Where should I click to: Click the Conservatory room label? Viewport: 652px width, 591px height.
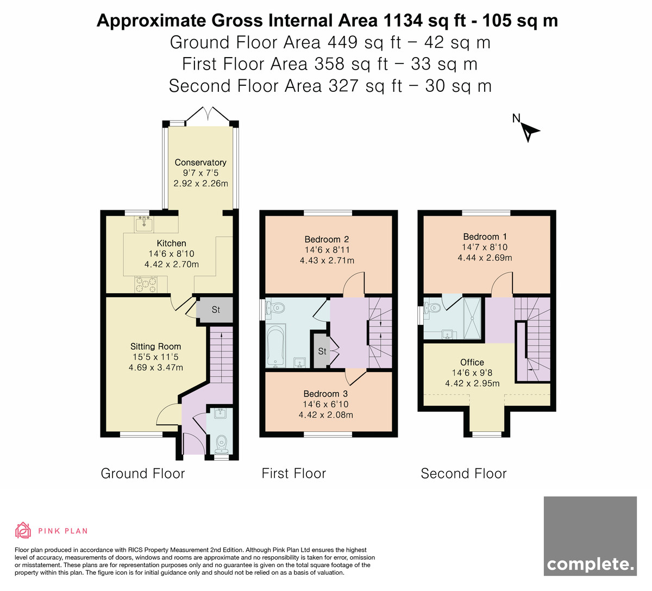(200, 162)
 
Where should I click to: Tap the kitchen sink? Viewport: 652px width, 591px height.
(144, 224)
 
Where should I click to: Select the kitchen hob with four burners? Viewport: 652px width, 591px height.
(146, 285)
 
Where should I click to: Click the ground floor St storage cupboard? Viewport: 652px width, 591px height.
(216, 310)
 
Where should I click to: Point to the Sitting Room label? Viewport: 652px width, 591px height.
(156, 347)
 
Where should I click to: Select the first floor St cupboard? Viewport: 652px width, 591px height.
(322, 351)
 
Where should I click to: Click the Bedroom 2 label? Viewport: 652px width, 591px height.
(327, 240)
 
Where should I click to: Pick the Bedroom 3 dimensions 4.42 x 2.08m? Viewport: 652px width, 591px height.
(326, 415)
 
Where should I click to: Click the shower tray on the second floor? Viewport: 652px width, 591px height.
(472, 318)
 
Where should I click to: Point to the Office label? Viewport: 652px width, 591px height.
(472, 362)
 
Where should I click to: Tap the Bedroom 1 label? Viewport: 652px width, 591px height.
(485, 237)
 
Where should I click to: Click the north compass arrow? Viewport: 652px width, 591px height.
(529, 132)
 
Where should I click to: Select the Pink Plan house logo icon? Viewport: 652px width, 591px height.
(23, 530)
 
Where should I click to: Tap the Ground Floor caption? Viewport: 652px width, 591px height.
(143, 473)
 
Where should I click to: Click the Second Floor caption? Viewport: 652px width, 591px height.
(464, 473)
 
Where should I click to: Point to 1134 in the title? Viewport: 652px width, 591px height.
(403, 21)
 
